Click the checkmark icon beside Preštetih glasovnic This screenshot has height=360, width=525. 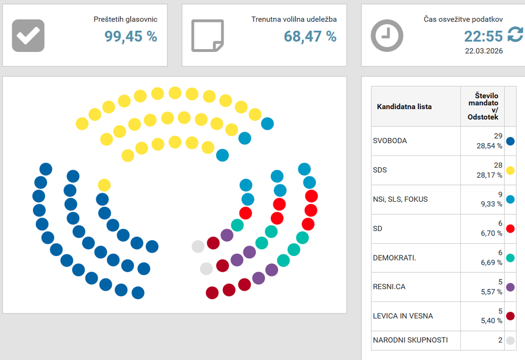28,35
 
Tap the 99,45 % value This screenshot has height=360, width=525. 131,36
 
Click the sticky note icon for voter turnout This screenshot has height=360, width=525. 207,35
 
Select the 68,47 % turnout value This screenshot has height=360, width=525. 310,36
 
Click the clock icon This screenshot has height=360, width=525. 386,36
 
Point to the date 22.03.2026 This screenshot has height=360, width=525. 484,51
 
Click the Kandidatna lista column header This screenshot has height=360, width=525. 404,106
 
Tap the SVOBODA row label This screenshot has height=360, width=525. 390,141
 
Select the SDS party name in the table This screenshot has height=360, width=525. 380,170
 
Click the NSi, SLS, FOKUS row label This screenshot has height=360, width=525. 400,199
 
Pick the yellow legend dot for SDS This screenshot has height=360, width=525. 510,170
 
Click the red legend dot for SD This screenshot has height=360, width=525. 510,229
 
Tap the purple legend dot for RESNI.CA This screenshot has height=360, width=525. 510,287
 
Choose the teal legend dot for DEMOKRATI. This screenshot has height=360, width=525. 510,258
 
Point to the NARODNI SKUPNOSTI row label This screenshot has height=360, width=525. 410,340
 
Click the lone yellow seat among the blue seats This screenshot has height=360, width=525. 104,185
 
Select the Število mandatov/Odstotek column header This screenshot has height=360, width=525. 482,106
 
